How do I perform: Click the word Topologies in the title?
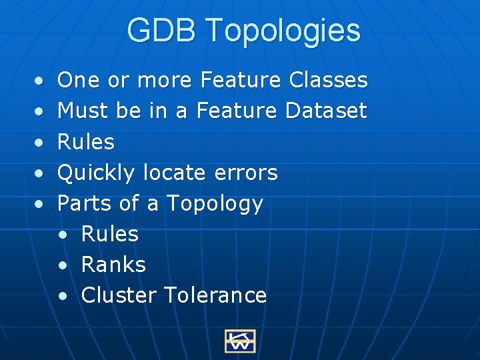click(283, 31)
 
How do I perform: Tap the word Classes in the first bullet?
click(329, 80)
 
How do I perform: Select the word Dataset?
click(326, 111)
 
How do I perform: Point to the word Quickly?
click(98, 173)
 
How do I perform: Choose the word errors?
click(246, 173)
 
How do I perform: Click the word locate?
click(175, 173)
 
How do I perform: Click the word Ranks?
click(113, 265)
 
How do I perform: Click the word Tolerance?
click(215, 295)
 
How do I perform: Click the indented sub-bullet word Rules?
click(110, 234)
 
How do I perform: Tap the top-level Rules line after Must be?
click(86, 142)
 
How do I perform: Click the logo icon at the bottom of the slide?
click(239, 341)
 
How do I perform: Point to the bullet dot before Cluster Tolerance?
click(63, 296)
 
